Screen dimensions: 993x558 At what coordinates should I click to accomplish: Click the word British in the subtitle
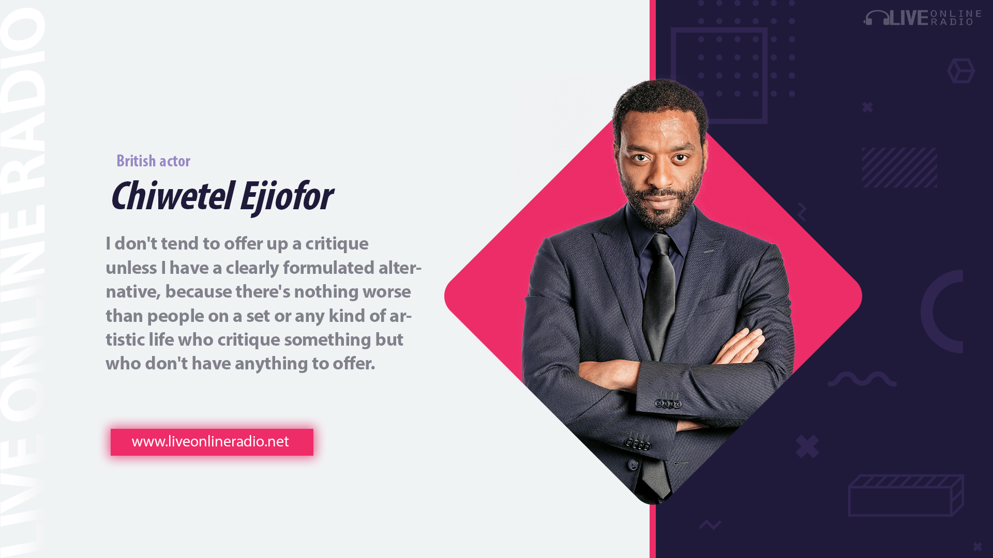pos(136,161)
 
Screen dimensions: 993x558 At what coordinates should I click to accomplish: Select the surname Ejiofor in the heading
pos(286,197)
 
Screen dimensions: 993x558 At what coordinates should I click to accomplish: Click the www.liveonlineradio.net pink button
pos(212,442)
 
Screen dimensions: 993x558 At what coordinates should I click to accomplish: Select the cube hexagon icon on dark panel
pos(961,71)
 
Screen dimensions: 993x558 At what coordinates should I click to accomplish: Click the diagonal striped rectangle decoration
pos(899,167)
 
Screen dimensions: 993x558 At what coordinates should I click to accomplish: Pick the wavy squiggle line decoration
pos(862,379)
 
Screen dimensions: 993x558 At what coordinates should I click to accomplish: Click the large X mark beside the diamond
pos(807,446)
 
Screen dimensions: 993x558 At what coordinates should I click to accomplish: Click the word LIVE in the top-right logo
pos(909,18)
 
